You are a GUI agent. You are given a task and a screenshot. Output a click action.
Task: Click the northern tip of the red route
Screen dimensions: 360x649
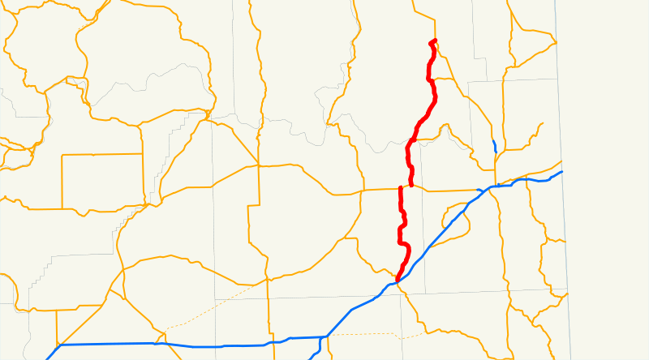[435, 41]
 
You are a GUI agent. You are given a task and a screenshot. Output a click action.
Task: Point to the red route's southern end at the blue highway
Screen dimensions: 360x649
[398, 280]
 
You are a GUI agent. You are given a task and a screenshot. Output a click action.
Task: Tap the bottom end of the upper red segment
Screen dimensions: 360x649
[412, 185]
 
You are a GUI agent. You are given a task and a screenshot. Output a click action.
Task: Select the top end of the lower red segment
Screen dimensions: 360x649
[401, 188]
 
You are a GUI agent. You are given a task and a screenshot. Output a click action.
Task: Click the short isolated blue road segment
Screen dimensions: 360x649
[494, 147]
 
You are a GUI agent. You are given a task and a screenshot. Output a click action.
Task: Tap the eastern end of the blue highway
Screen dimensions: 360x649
[561, 172]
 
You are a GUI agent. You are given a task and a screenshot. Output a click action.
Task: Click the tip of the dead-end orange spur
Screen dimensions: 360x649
[541, 124]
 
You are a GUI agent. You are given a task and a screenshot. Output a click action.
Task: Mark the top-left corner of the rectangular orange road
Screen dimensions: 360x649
[63, 154]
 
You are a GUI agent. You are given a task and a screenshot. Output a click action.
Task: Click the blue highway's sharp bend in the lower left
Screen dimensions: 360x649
[61, 345]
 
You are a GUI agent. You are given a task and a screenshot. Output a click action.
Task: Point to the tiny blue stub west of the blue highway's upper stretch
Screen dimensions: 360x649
[480, 191]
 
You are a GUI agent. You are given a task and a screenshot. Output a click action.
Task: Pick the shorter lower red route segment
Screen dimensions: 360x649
[402, 235]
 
